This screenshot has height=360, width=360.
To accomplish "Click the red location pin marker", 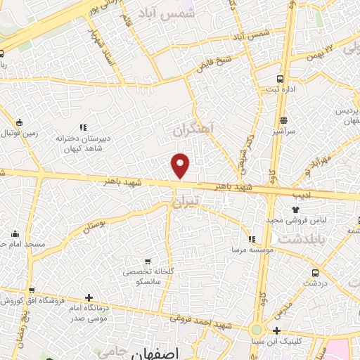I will click(181, 165).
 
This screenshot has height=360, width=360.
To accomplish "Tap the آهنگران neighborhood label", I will click(192, 130).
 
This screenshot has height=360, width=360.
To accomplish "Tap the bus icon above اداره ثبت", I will click(281, 79).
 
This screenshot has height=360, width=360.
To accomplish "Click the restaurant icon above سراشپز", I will click(283, 120).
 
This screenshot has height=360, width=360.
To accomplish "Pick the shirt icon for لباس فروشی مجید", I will click(295, 209).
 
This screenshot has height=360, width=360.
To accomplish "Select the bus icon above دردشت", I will click(314, 271).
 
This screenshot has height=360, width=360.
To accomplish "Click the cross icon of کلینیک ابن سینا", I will click(277, 330).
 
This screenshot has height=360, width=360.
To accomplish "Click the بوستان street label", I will click(98, 224).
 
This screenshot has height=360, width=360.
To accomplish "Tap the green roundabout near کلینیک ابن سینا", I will click(256, 330).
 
